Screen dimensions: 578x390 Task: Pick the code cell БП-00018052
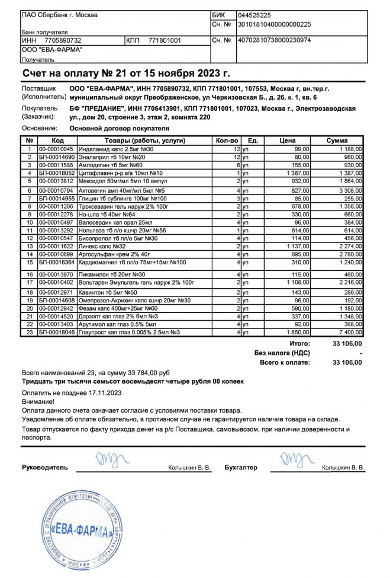pos(57,173)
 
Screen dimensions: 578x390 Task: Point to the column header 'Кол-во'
pos(228,140)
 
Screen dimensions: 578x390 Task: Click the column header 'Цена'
pos(287,140)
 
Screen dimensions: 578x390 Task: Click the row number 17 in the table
pos(28,283)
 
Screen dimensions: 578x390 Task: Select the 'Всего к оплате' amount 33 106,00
pos(348,362)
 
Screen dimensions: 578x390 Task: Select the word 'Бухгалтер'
pos(241,468)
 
